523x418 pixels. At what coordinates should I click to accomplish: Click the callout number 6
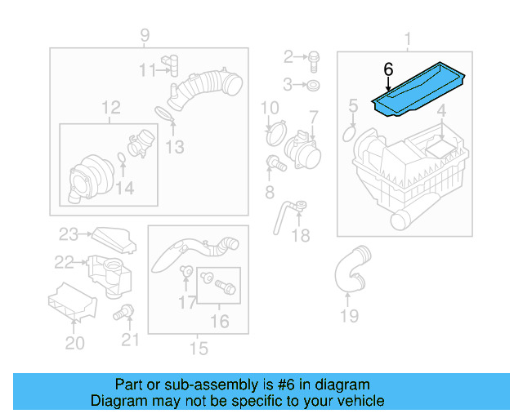tap(387, 70)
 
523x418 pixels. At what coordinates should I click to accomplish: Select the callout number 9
tap(144, 35)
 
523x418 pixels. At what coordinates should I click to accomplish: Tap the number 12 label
tap(110, 107)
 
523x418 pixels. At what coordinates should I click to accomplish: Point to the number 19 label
tap(349, 315)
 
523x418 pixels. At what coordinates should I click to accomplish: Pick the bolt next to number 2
tap(315, 57)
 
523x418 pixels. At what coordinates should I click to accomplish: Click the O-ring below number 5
tap(349, 131)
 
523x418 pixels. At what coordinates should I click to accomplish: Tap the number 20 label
tap(74, 343)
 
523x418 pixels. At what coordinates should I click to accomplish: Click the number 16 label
tap(219, 321)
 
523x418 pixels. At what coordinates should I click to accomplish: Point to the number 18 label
tap(301, 235)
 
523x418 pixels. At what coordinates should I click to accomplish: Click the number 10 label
tap(269, 107)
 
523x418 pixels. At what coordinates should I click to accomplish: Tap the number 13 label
tap(174, 147)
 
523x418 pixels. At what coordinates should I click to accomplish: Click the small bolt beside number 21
tap(125, 310)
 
